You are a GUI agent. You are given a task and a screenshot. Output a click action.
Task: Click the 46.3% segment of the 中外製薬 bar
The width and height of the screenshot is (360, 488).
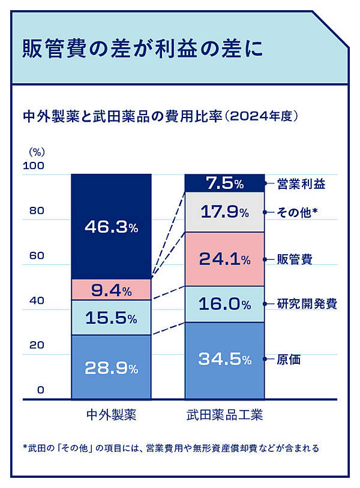tap(111, 227)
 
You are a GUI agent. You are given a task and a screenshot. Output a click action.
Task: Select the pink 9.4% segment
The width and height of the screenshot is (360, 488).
tap(111, 291)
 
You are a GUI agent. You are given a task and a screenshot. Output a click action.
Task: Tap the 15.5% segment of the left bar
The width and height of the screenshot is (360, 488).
tap(111, 318)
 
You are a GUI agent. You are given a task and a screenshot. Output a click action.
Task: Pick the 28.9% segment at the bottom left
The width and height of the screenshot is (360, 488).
tap(111, 367)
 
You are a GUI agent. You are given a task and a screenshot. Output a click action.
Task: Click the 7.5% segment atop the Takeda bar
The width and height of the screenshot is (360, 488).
tap(224, 183)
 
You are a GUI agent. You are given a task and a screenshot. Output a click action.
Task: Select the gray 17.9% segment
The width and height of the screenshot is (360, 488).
tap(224, 212)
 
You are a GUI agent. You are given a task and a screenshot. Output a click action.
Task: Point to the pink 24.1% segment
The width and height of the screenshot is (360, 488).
tap(224, 259)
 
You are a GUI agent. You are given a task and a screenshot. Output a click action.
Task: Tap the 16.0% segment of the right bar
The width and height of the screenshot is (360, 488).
tap(224, 304)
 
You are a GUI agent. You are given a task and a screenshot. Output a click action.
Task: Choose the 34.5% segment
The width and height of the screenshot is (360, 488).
tap(224, 360)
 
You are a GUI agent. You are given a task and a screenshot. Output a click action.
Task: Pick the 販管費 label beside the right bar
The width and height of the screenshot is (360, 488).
tap(295, 260)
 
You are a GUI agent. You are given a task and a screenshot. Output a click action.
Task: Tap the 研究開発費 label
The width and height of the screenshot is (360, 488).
tap(307, 304)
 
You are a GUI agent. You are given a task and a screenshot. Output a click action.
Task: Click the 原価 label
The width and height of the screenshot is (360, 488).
tap(289, 360)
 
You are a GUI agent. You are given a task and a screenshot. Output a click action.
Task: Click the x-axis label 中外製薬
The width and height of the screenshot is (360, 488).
tap(112, 415)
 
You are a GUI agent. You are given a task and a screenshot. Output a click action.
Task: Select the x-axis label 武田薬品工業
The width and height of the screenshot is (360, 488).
tap(224, 415)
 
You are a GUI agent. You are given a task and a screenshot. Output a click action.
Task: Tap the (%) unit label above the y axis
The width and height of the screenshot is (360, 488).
tap(37, 152)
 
